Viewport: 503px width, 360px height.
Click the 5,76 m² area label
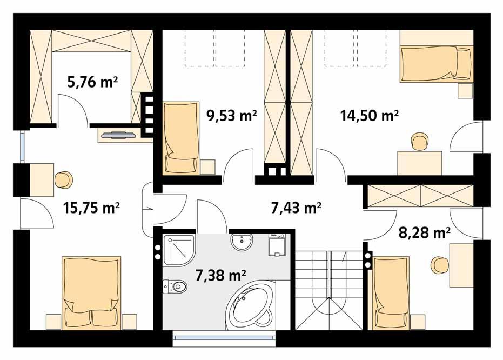click(x=92, y=82)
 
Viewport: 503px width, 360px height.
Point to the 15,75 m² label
click(x=91, y=207)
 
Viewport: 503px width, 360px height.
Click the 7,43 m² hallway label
click(x=296, y=207)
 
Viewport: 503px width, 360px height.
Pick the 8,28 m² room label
click(x=425, y=233)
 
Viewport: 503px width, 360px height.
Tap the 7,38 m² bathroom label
click(x=221, y=276)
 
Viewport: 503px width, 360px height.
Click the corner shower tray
click(x=178, y=249)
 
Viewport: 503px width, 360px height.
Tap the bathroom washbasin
click(x=241, y=243)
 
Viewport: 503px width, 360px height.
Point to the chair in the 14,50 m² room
click(x=419, y=142)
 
